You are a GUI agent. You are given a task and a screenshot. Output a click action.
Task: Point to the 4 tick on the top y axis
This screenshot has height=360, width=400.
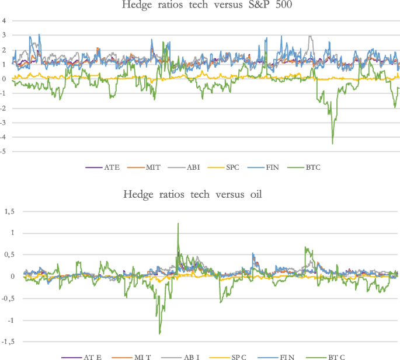coord(4,21)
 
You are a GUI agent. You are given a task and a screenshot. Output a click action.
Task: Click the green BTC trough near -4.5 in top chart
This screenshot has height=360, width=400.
coord(333,143)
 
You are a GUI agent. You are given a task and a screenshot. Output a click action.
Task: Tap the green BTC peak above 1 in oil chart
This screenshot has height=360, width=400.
coord(178,223)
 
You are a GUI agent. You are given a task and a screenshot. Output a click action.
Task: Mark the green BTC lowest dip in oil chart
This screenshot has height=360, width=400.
coord(160,333)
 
